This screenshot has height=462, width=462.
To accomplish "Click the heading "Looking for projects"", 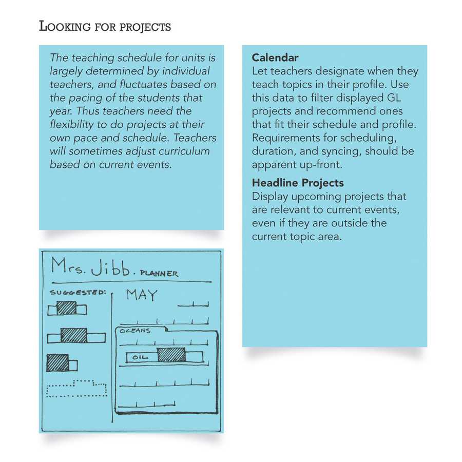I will point(105,26).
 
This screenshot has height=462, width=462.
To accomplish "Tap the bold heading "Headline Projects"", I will point(298,183).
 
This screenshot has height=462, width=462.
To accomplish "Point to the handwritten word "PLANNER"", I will point(159,273).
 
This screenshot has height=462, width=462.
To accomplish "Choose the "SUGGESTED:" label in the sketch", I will point(76,293).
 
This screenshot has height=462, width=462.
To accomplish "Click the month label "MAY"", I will point(142,295).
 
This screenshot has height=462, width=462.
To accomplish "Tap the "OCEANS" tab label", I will point(135,331).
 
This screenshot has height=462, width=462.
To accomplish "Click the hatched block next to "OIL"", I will point(171,355).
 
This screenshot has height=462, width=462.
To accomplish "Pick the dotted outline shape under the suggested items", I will point(76,389).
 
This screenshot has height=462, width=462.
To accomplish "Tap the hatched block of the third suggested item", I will point(57,363).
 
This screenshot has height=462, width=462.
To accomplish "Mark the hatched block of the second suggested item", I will point(73,336).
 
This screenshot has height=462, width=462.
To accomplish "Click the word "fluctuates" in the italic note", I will point(157,84).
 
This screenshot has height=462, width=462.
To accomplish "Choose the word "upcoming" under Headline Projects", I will point(307,197).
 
